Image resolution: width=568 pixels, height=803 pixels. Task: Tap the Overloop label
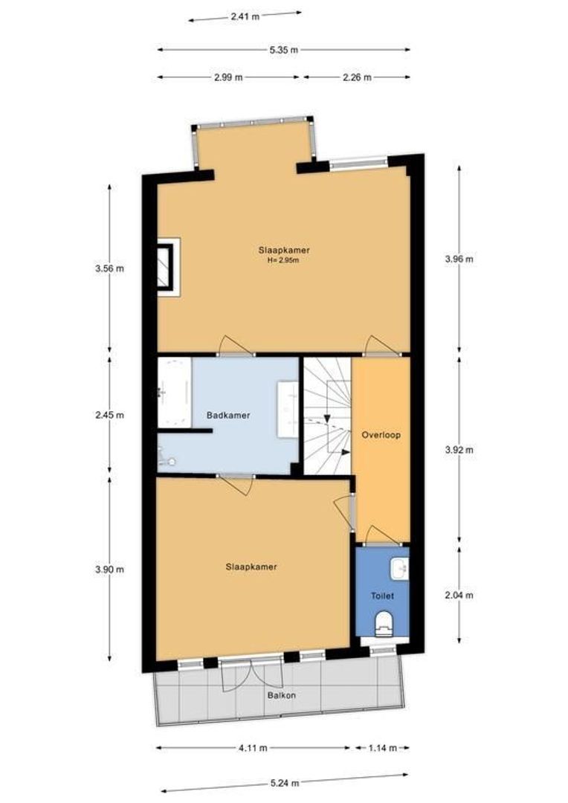point(381,435)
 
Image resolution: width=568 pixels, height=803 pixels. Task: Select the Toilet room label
point(381,596)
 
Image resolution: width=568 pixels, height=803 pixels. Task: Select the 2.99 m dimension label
point(228,77)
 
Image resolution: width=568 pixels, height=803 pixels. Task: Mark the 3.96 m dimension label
point(458,259)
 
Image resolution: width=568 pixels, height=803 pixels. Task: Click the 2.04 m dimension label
point(458,595)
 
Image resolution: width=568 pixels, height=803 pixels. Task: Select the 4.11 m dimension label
point(254,748)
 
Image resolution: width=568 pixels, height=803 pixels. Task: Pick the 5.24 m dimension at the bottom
point(285,783)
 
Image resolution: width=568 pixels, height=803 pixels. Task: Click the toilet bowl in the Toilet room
point(384,623)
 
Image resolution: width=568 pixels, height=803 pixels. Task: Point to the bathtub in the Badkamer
point(174,392)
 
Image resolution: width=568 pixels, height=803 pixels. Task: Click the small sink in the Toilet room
point(400,569)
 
